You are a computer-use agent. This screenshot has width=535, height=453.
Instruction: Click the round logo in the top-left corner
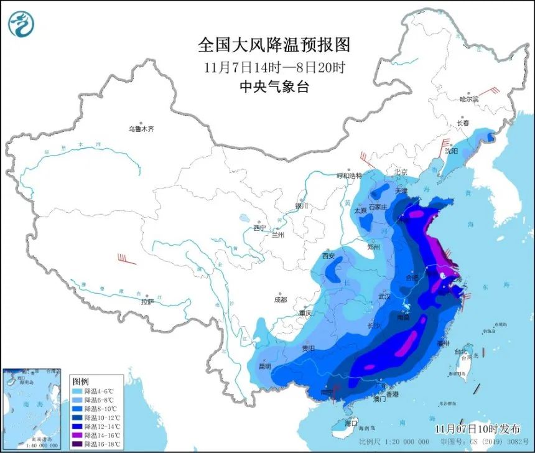[x=21, y=24]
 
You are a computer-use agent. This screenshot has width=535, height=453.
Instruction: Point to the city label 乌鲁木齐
[x=141, y=129]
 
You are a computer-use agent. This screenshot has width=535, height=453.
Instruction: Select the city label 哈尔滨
[x=469, y=99]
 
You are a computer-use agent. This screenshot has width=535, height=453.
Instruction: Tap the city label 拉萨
[x=147, y=302]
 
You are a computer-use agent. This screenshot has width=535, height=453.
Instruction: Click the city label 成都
[x=280, y=299]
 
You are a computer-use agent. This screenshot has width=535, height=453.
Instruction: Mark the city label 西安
[x=328, y=256]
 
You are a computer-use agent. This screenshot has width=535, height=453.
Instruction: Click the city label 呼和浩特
[x=348, y=175]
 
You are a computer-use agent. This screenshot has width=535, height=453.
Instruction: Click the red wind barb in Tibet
[x=126, y=259]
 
